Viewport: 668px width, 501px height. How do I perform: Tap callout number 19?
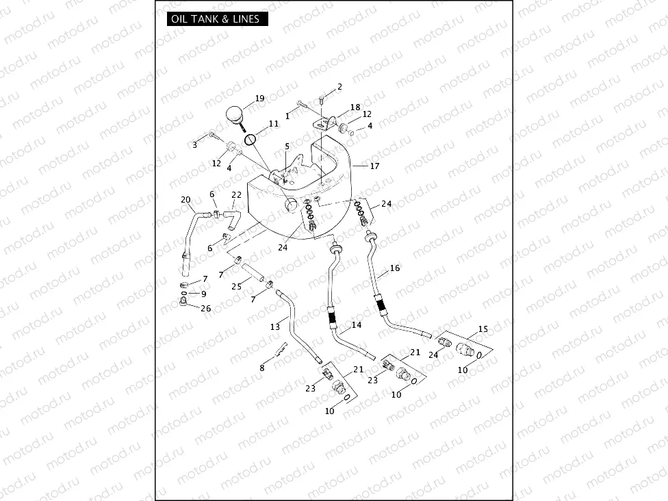[259, 99]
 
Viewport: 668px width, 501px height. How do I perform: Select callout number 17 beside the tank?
[374, 166]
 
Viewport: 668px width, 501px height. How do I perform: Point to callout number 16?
[395, 268]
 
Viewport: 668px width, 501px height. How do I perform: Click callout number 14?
[357, 325]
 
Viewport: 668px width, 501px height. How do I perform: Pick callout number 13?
[275, 326]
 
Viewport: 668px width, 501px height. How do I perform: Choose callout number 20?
[185, 200]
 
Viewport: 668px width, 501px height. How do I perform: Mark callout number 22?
[236, 195]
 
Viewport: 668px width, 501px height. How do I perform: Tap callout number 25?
[236, 286]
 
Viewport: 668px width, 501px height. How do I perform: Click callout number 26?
[206, 309]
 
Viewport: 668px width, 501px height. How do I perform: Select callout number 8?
[261, 368]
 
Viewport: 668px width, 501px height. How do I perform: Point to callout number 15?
[483, 329]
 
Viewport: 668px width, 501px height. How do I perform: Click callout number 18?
[355, 107]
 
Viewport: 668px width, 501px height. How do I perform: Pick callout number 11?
[273, 124]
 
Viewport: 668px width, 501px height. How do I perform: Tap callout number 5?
[287, 146]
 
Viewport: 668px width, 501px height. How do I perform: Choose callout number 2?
[339, 87]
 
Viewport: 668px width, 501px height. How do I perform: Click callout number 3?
[194, 144]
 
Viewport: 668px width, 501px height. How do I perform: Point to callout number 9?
[203, 294]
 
